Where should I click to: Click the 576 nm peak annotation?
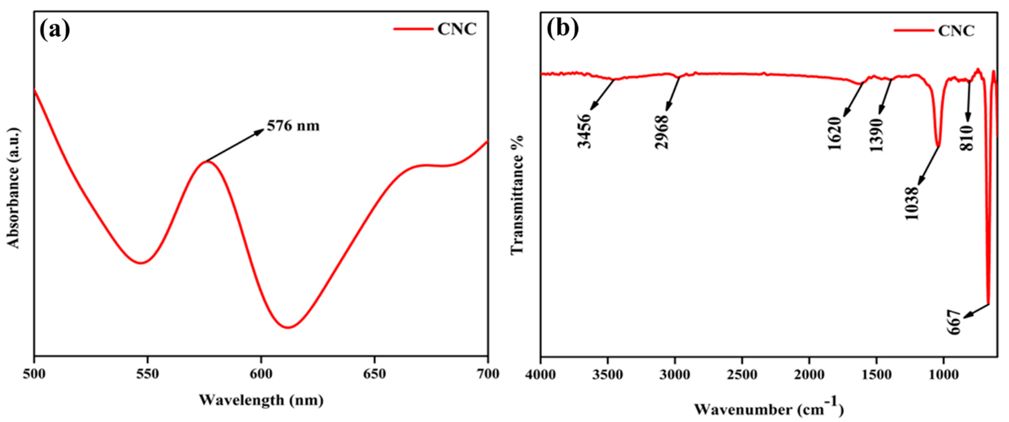click(293, 126)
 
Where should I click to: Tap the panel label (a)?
click(55, 29)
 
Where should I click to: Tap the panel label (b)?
click(563, 29)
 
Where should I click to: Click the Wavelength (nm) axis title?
click(261, 400)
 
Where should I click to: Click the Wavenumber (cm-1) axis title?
click(769, 409)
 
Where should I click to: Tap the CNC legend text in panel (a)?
click(457, 29)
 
